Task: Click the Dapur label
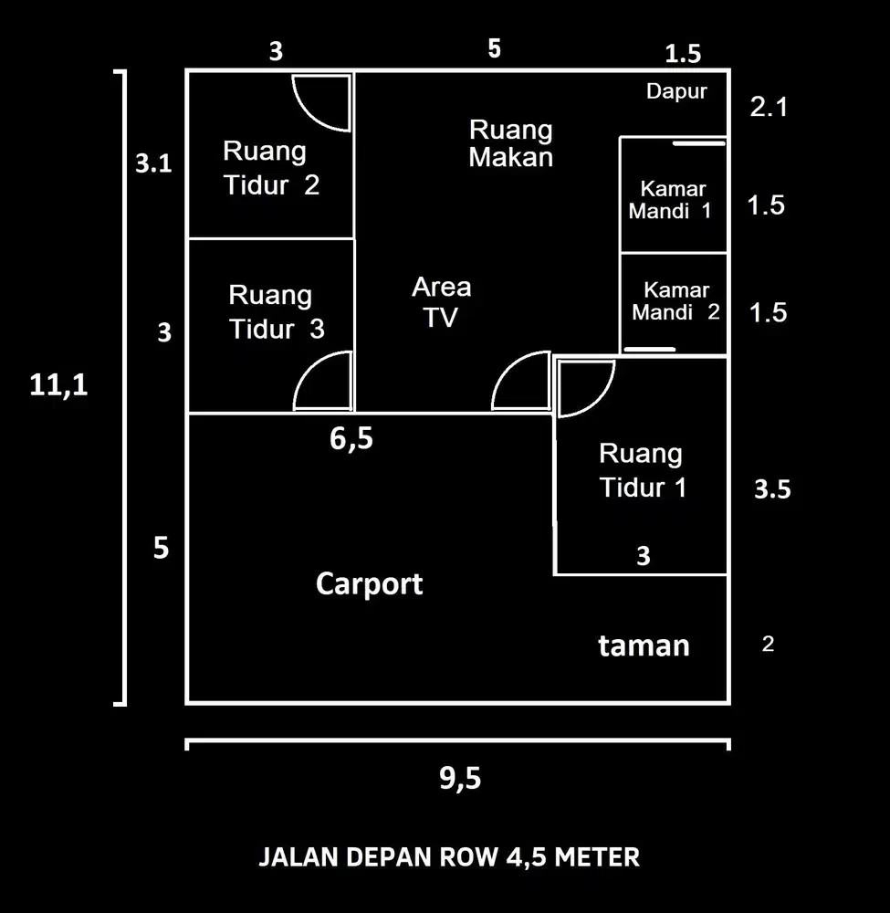click(x=676, y=91)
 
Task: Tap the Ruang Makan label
click(x=511, y=143)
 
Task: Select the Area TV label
click(x=442, y=301)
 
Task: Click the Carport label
click(x=369, y=583)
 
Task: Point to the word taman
click(x=644, y=645)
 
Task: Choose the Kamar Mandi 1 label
click(x=671, y=200)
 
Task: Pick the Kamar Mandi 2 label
click(x=675, y=301)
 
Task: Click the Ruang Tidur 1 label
click(x=643, y=470)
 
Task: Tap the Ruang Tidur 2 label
click(x=271, y=168)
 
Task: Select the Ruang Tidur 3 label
click(x=275, y=312)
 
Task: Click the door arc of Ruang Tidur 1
click(x=584, y=388)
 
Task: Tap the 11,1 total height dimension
click(x=59, y=385)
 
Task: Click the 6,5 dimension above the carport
click(x=351, y=439)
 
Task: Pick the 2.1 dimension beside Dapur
click(x=768, y=108)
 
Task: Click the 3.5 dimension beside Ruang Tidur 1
click(x=772, y=489)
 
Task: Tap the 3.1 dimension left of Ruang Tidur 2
click(x=153, y=164)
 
